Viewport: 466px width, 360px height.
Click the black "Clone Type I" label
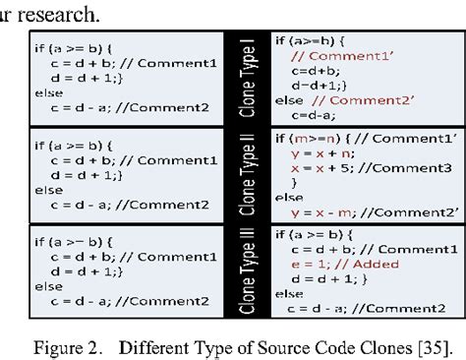pos(247,73)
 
